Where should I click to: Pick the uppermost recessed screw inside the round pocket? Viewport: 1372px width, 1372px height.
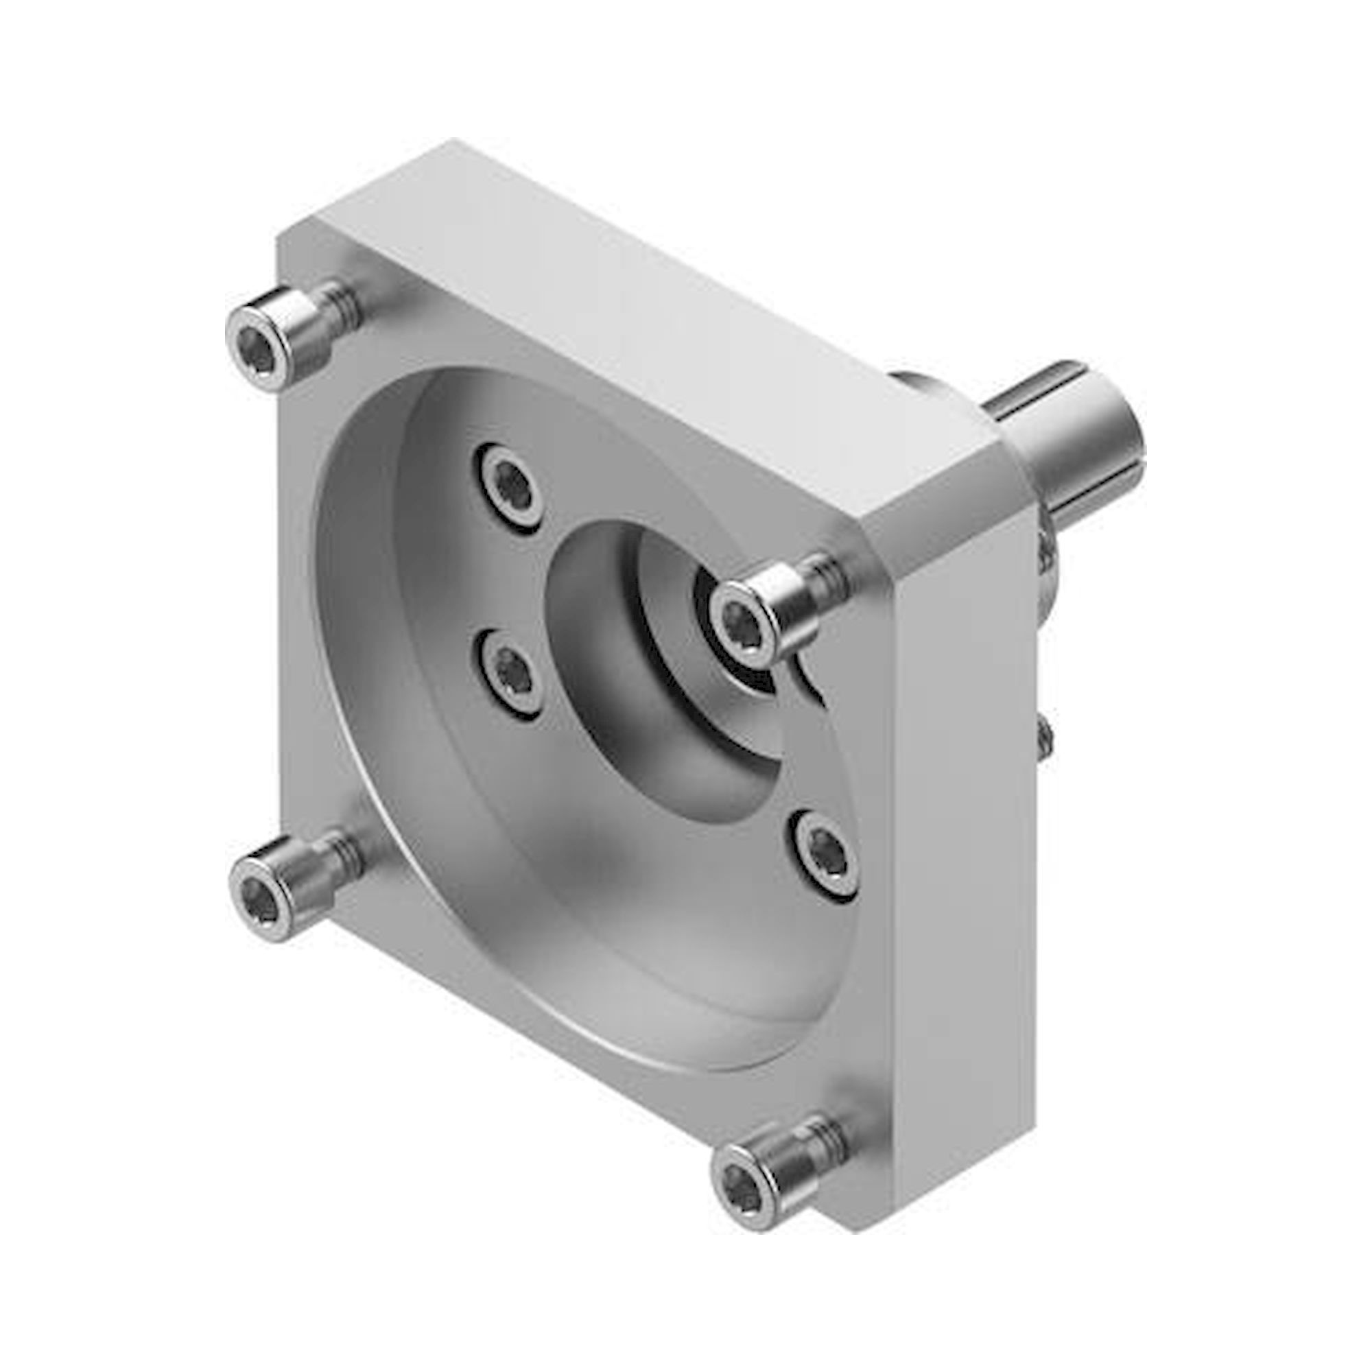pyautogui.click(x=510, y=483)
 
